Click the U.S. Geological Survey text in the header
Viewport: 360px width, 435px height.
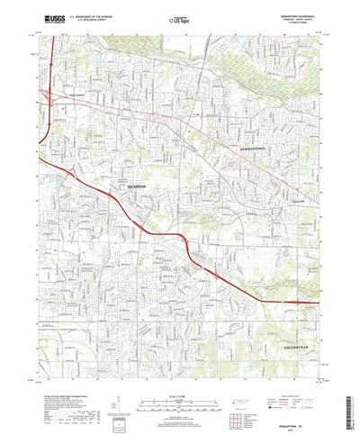click(90, 20)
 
